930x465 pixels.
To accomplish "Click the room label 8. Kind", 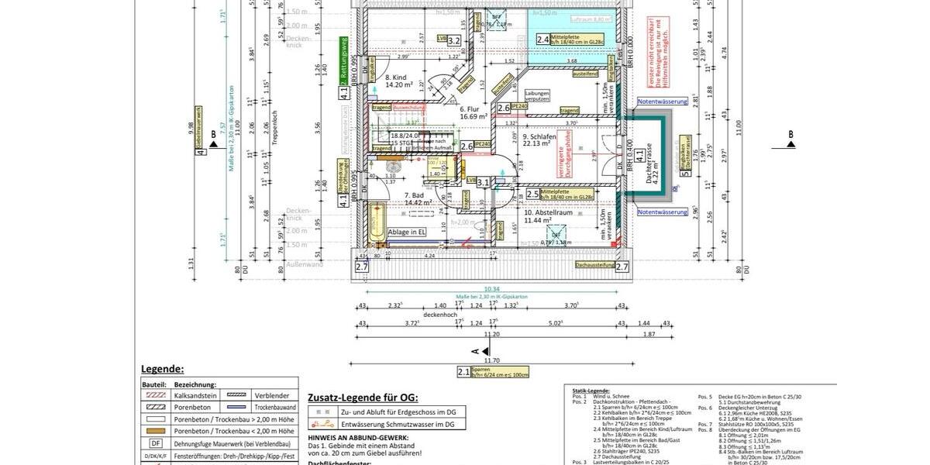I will pos(396,77).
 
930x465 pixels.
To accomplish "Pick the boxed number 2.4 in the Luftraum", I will pos(542,40).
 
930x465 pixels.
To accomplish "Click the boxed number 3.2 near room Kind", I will pos(454,40).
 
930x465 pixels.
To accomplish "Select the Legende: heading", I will pos(162,369).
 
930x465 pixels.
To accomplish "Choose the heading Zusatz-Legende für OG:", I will pos(363,397).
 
